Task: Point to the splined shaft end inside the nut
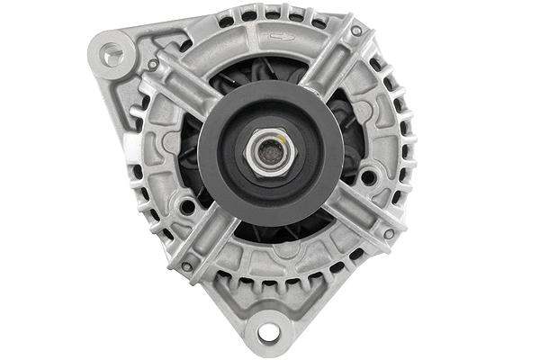(267, 152)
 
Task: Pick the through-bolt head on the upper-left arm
(153, 65)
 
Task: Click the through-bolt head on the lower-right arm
(388, 234)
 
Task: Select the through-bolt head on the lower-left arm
(186, 266)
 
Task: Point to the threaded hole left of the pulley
(187, 206)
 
